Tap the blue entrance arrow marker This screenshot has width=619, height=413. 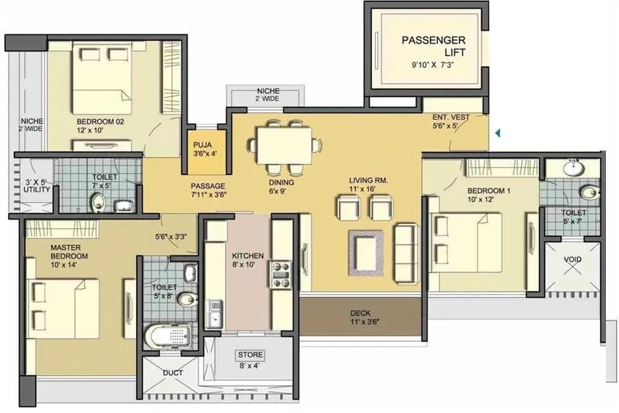click(498, 134)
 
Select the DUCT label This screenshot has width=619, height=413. click(173, 373)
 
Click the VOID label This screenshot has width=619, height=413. click(573, 259)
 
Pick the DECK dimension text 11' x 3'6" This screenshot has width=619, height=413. click(364, 321)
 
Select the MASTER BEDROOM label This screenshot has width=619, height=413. click(69, 252)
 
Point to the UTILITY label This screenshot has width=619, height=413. click(36, 185)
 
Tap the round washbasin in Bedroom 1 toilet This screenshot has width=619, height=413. click(573, 169)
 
